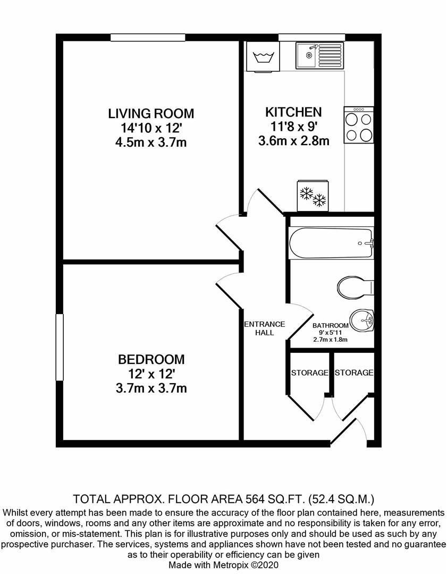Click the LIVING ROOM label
151,114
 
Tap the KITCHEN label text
293,113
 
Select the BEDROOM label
151,360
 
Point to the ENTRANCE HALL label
264,328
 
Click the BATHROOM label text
330,326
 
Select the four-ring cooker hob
359,125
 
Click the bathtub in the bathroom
331,244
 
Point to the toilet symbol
355,287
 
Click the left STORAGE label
309,373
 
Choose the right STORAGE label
354,373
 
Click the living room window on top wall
148,37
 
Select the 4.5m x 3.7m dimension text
151,142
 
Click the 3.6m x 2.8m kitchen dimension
293,141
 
